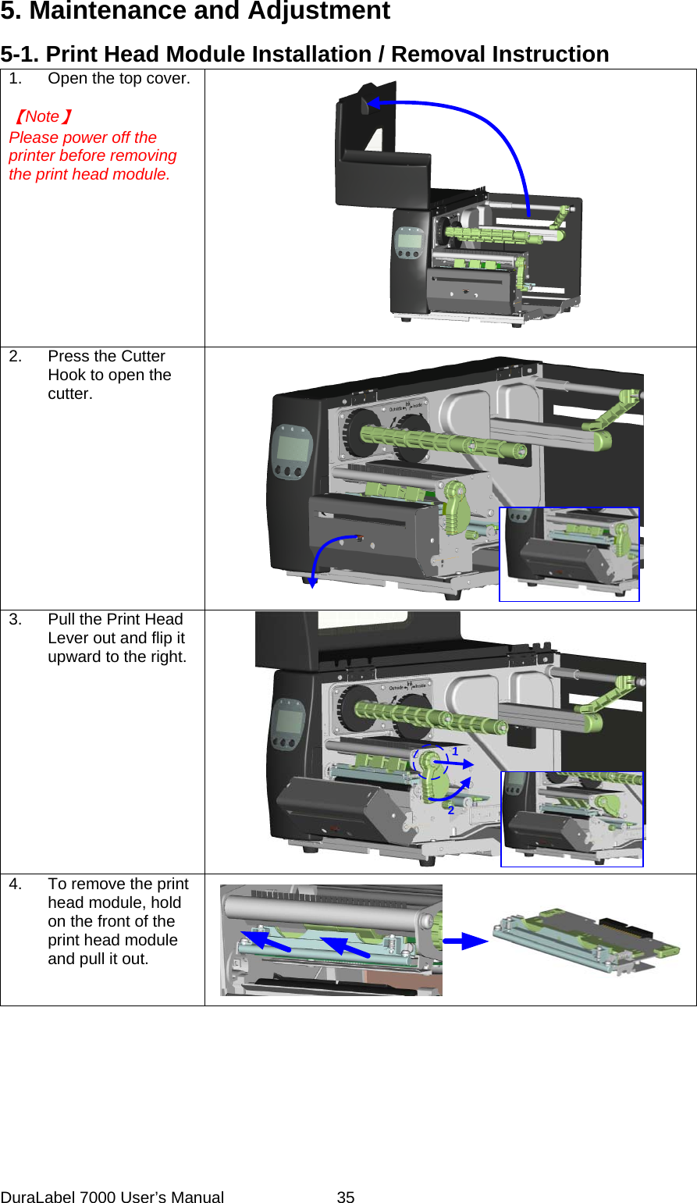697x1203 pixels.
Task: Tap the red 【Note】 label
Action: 43,117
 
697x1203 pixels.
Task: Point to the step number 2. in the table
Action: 16,357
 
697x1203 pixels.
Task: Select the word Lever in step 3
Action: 70,639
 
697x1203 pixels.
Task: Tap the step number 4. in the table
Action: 16,884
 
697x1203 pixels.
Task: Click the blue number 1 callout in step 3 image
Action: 455,751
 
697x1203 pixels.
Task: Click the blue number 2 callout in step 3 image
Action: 451,810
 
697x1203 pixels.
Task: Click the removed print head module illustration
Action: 575,939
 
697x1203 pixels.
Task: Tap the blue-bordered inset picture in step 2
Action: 569,554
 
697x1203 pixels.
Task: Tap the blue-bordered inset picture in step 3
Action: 572,819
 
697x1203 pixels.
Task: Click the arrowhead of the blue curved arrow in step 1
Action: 374,103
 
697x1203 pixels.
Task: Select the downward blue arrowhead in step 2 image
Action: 312,582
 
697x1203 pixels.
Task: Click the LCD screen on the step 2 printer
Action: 290,449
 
